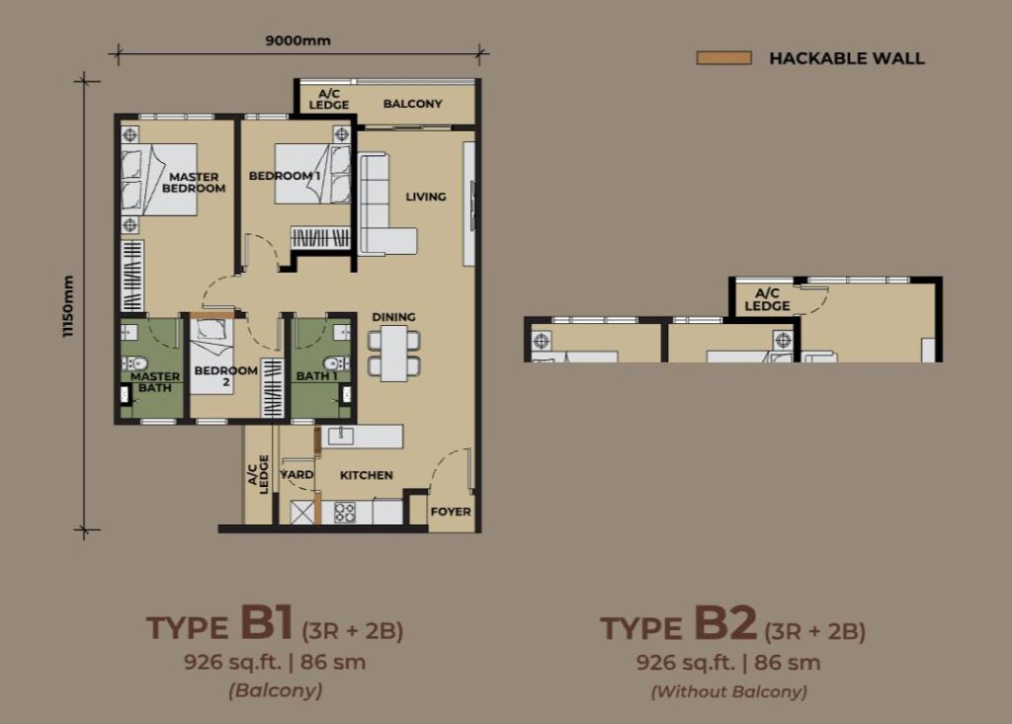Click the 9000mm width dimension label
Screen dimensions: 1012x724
[x=297, y=40]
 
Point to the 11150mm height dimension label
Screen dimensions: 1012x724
[x=68, y=306]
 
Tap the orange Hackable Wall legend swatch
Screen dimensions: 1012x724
[x=723, y=58]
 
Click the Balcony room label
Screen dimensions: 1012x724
[x=412, y=104]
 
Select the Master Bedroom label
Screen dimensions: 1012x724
[x=194, y=182]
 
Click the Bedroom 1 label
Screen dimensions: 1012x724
[x=285, y=176]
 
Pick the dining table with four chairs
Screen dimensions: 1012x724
[x=393, y=353]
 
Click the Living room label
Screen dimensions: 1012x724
[x=425, y=197]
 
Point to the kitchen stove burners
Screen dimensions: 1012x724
[x=344, y=513]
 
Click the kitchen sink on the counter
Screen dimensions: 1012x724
[x=340, y=437]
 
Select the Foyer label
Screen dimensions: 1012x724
[x=451, y=511]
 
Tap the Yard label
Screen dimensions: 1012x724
[x=296, y=474]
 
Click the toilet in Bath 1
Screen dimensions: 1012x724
[x=335, y=362]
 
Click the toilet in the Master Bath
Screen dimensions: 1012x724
[x=135, y=363]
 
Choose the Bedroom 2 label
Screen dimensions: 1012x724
[x=226, y=375]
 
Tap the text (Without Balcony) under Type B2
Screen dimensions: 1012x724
[x=729, y=691]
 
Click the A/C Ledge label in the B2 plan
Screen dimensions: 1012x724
[x=767, y=300]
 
